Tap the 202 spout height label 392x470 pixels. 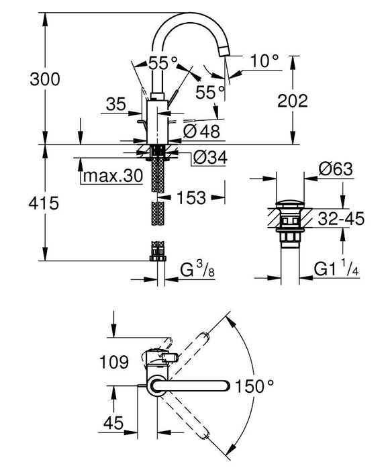[292, 101]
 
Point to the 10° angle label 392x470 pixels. [263, 61]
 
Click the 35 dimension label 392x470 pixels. [116, 103]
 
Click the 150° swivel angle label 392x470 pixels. [254, 385]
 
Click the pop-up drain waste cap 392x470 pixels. [290, 203]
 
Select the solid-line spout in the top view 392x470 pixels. [195, 385]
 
